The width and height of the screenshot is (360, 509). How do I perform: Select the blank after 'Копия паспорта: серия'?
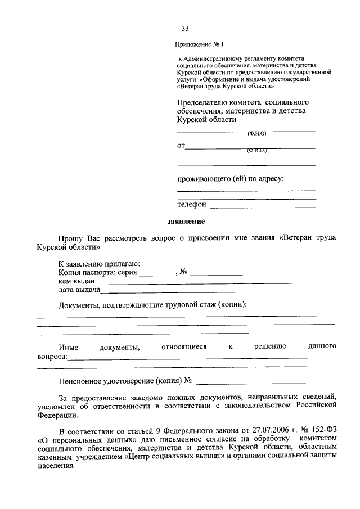coord(157,274)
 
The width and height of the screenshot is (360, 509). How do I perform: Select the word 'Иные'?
coord(68,346)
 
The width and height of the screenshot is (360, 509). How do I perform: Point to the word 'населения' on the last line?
coord(55,466)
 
